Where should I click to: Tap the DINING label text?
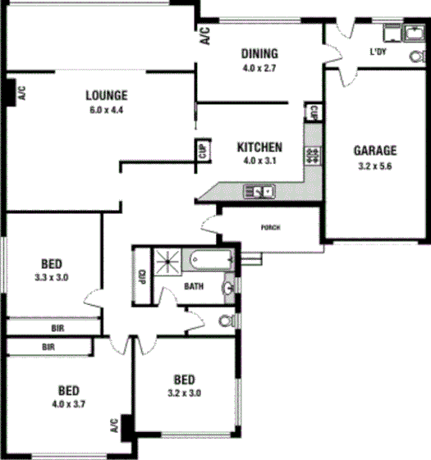tap(259, 54)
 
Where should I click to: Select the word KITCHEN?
tap(259, 148)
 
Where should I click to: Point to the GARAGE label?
tap(375, 150)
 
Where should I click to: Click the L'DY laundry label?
tap(377, 52)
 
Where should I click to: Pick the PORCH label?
tap(269, 227)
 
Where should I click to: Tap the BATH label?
tap(195, 286)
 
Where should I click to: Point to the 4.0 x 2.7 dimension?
tap(259, 68)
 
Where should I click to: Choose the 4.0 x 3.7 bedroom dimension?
tap(68, 403)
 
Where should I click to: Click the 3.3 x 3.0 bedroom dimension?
tap(53, 279)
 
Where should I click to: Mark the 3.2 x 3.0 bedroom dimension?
tap(184, 393)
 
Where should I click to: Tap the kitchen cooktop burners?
tap(312, 154)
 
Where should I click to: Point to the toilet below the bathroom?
tap(228, 319)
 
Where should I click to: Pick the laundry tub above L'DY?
tap(392, 34)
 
